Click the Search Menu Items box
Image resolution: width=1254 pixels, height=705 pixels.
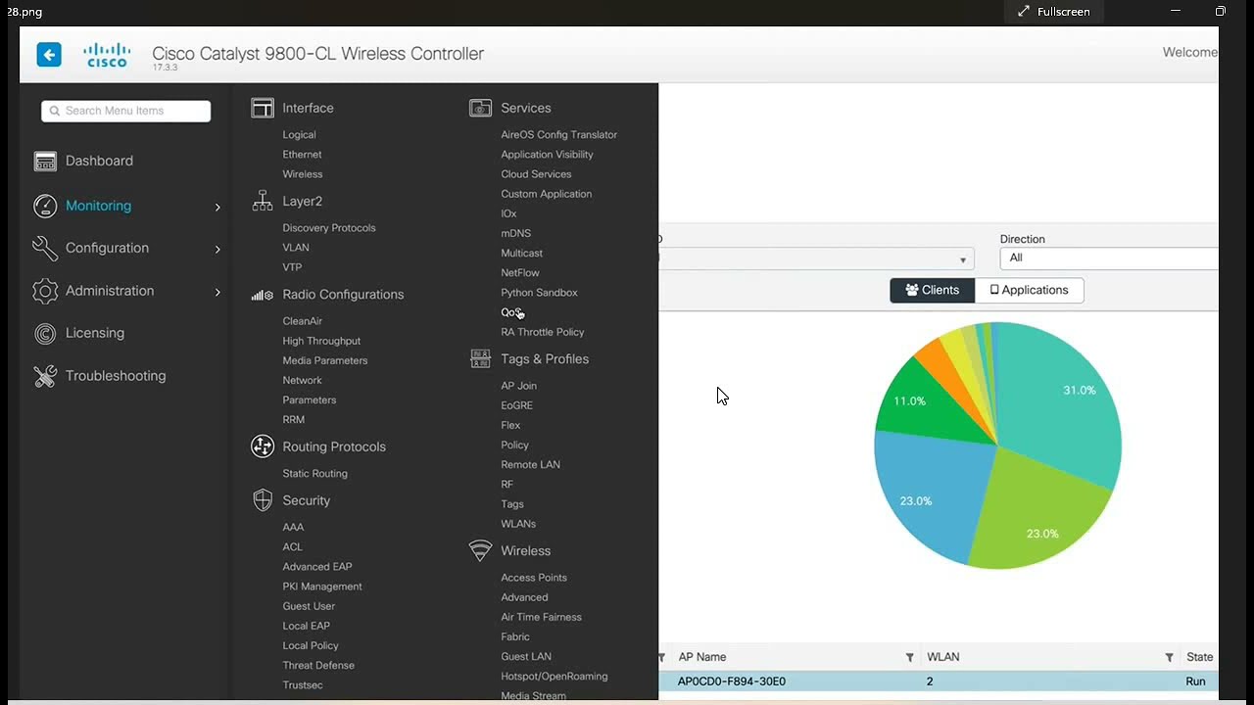pos(126,111)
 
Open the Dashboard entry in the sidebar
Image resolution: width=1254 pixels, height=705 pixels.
pos(99,162)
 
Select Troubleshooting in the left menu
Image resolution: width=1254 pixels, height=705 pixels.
pos(116,376)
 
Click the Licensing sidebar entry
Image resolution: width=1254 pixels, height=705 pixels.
pos(95,333)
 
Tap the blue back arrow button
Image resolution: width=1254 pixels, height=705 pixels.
pos(49,54)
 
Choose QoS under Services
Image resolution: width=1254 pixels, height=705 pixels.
pos(511,312)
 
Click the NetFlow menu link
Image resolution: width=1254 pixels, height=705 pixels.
pos(520,273)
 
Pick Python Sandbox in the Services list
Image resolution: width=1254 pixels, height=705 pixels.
pos(539,293)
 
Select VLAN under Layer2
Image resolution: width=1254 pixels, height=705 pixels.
pos(296,248)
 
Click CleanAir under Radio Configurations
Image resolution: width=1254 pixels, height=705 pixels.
pos(303,321)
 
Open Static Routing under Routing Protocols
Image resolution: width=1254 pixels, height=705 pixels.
pos(314,473)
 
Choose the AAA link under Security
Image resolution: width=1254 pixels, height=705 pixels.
pos(293,527)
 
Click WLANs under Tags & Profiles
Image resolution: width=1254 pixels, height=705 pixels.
pos(518,524)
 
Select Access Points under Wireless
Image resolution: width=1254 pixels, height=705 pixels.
pos(534,578)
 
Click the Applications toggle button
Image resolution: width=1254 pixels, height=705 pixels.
pos(1029,291)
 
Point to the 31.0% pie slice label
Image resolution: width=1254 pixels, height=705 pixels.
pos(1080,391)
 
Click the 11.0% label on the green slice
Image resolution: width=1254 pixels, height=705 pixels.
pos(910,401)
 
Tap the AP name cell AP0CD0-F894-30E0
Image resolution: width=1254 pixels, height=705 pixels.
pos(731,681)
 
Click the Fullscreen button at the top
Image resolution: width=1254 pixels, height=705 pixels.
pos(1053,12)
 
